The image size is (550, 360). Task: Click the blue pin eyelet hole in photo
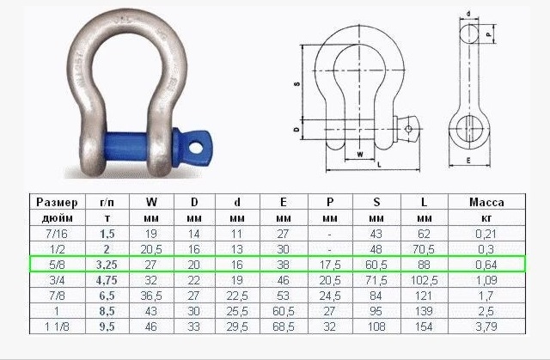196,148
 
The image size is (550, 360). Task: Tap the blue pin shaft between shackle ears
126,146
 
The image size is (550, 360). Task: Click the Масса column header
486,202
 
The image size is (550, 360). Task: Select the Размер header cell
58,203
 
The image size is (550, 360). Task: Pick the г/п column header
107,203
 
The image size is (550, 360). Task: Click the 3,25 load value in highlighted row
107,265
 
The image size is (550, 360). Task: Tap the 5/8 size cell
58,265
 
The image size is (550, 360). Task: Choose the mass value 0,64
486,265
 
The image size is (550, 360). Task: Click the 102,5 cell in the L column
424,280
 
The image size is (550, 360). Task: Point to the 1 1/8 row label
58,326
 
